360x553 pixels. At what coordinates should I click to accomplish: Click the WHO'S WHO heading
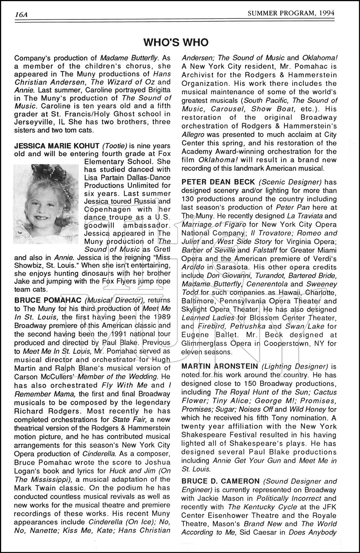coord(176,42)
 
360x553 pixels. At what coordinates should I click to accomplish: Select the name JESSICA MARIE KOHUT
coord(56,146)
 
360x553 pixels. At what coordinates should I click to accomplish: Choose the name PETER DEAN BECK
coord(218,182)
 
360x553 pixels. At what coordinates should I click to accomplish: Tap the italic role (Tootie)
coord(115,146)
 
